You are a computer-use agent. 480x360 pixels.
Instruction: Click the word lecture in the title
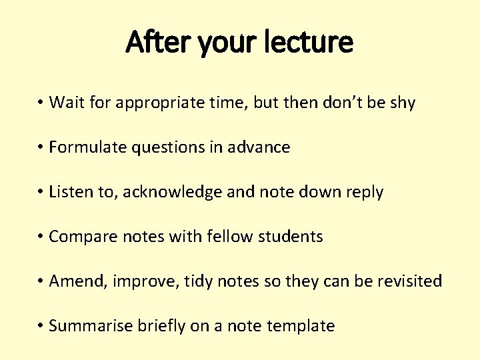[x=316, y=43]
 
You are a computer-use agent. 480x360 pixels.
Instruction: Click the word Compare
[x=80, y=237]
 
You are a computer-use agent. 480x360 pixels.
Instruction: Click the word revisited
[x=407, y=281]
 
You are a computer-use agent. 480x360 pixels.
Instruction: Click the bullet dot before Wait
[x=41, y=103]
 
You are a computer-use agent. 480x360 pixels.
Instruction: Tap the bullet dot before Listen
[x=41, y=192]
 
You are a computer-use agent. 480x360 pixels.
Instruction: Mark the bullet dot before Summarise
[x=41, y=326]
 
